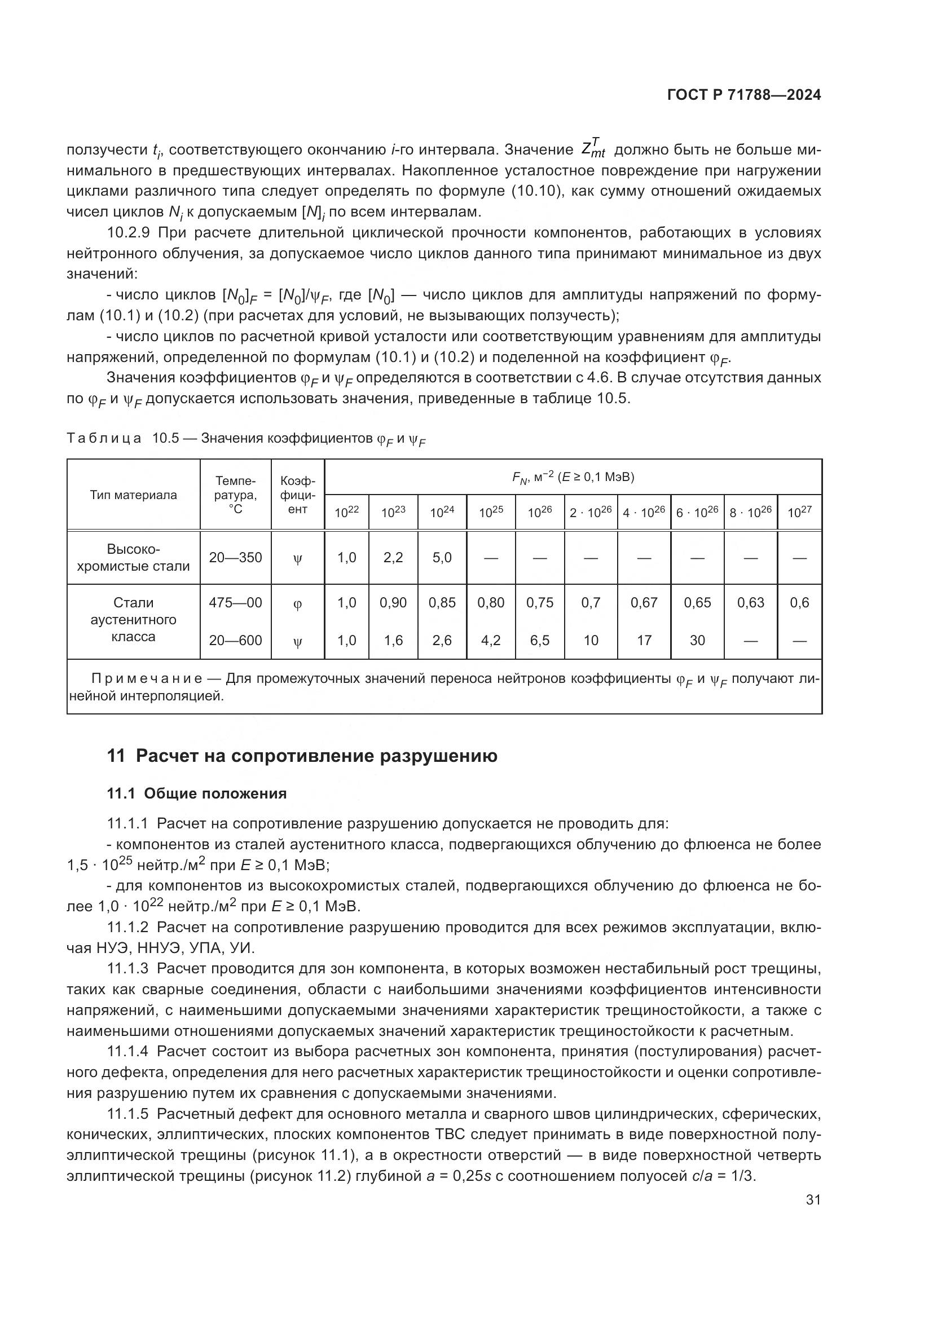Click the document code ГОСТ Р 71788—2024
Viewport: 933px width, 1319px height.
pos(744,95)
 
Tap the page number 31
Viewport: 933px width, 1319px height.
pos(813,1200)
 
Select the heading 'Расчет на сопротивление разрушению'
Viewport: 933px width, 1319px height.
pos(316,756)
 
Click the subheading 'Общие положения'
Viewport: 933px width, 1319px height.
pos(215,793)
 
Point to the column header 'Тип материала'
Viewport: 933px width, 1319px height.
pos(133,495)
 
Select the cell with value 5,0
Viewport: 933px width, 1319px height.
pos(442,557)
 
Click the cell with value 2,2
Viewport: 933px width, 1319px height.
pos(393,557)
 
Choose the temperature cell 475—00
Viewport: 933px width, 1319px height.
pos(235,603)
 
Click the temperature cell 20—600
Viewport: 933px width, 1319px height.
pos(235,640)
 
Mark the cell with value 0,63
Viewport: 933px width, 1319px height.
pos(750,603)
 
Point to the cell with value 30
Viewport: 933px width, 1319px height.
pos(697,640)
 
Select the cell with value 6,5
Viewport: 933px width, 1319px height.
pos(539,640)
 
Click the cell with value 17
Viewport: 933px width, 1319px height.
pos(644,640)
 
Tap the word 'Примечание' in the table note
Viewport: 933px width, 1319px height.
pos(147,679)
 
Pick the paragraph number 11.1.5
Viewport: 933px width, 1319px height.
pos(127,1114)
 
